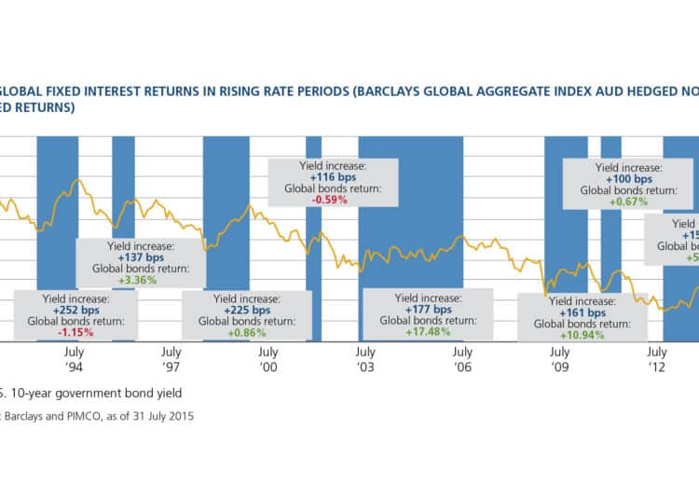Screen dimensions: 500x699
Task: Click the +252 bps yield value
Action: point(76,310)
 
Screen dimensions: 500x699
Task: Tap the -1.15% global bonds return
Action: point(76,332)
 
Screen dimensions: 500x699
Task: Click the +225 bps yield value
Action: point(242,310)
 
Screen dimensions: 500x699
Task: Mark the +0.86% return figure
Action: point(242,332)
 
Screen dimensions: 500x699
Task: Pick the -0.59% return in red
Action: point(333,198)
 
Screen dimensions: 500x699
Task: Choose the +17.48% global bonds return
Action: point(427,332)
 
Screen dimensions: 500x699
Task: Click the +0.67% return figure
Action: point(628,201)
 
